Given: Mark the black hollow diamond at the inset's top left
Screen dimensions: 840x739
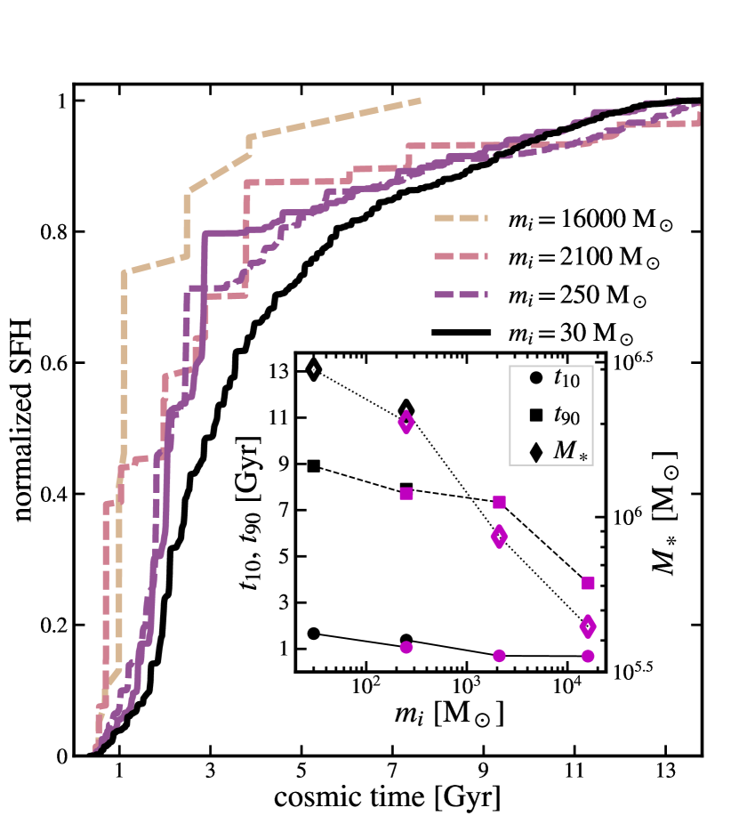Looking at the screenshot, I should point(314,369).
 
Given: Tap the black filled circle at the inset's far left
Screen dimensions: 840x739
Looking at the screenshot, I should point(314,634).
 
